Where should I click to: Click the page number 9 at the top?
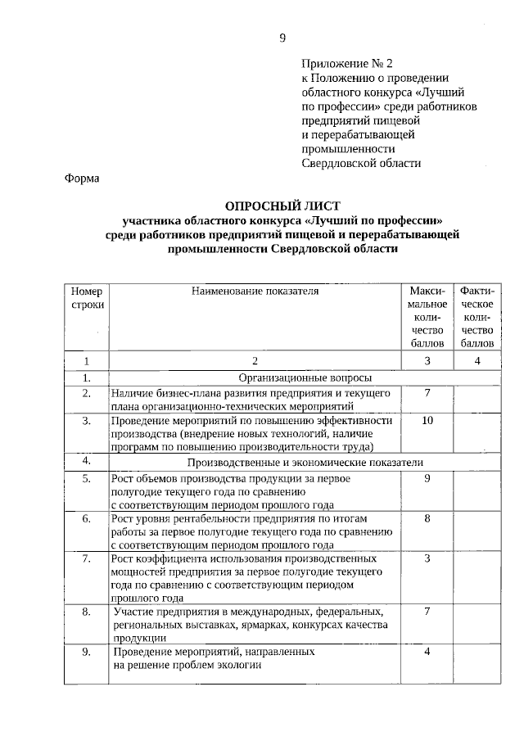[x=282, y=38]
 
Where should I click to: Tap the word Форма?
[x=82, y=179]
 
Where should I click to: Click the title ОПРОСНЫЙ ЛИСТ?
[x=282, y=206]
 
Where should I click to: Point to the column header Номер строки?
[x=86, y=297]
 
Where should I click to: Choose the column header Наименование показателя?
[x=255, y=291]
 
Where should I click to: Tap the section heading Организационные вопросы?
[x=305, y=377]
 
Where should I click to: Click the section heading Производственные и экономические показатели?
[x=305, y=462]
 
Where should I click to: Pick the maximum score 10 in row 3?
[x=427, y=420]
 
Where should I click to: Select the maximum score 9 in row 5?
[x=427, y=478]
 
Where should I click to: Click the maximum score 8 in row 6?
[x=427, y=519]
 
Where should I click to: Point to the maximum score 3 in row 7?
[x=427, y=558]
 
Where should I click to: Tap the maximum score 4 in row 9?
[x=427, y=652]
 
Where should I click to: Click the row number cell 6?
[x=86, y=519]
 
